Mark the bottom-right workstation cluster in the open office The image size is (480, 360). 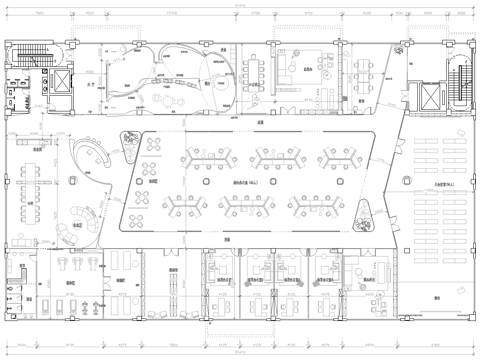(x=312, y=205)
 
